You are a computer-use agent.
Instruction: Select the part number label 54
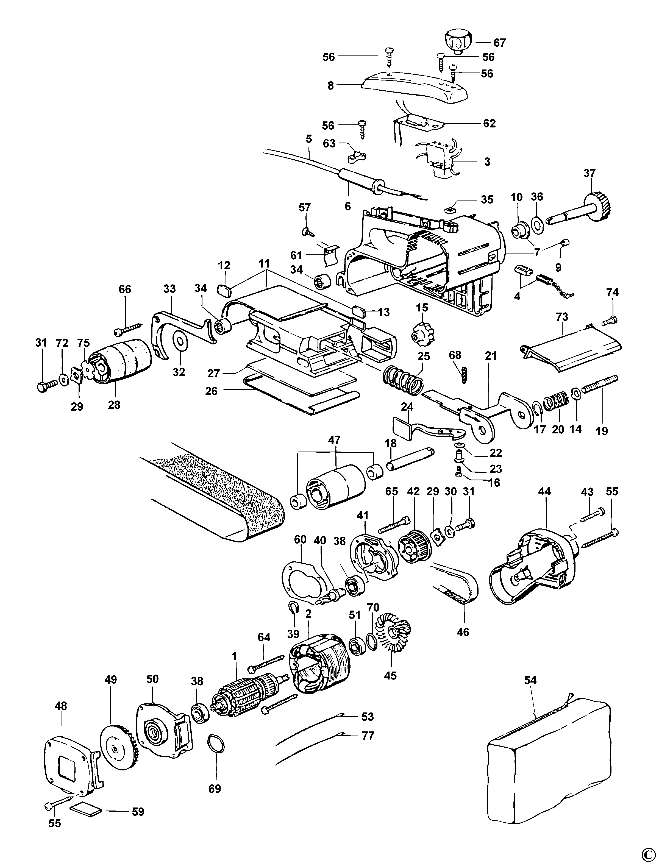(x=530, y=680)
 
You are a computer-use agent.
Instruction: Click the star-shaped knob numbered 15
(x=422, y=336)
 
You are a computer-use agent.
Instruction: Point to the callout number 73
(x=562, y=316)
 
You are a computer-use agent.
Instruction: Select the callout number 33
(x=169, y=289)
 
